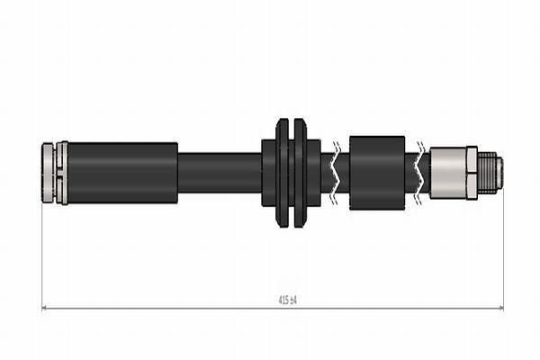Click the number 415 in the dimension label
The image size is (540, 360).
click(x=283, y=301)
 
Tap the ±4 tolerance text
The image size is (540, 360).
click(x=293, y=301)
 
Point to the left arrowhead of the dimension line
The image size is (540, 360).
click(x=45, y=308)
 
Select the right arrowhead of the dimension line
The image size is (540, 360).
click(x=500, y=308)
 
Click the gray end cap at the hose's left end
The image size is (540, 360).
click(x=48, y=173)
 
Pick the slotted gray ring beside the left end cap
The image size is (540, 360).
click(x=62, y=173)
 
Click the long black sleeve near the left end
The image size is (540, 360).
click(x=122, y=173)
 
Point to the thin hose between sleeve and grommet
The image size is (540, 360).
click(x=220, y=173)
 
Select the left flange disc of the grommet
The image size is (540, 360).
click(x=283, y=173)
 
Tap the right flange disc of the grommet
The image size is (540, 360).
click(x=300, y=173)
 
